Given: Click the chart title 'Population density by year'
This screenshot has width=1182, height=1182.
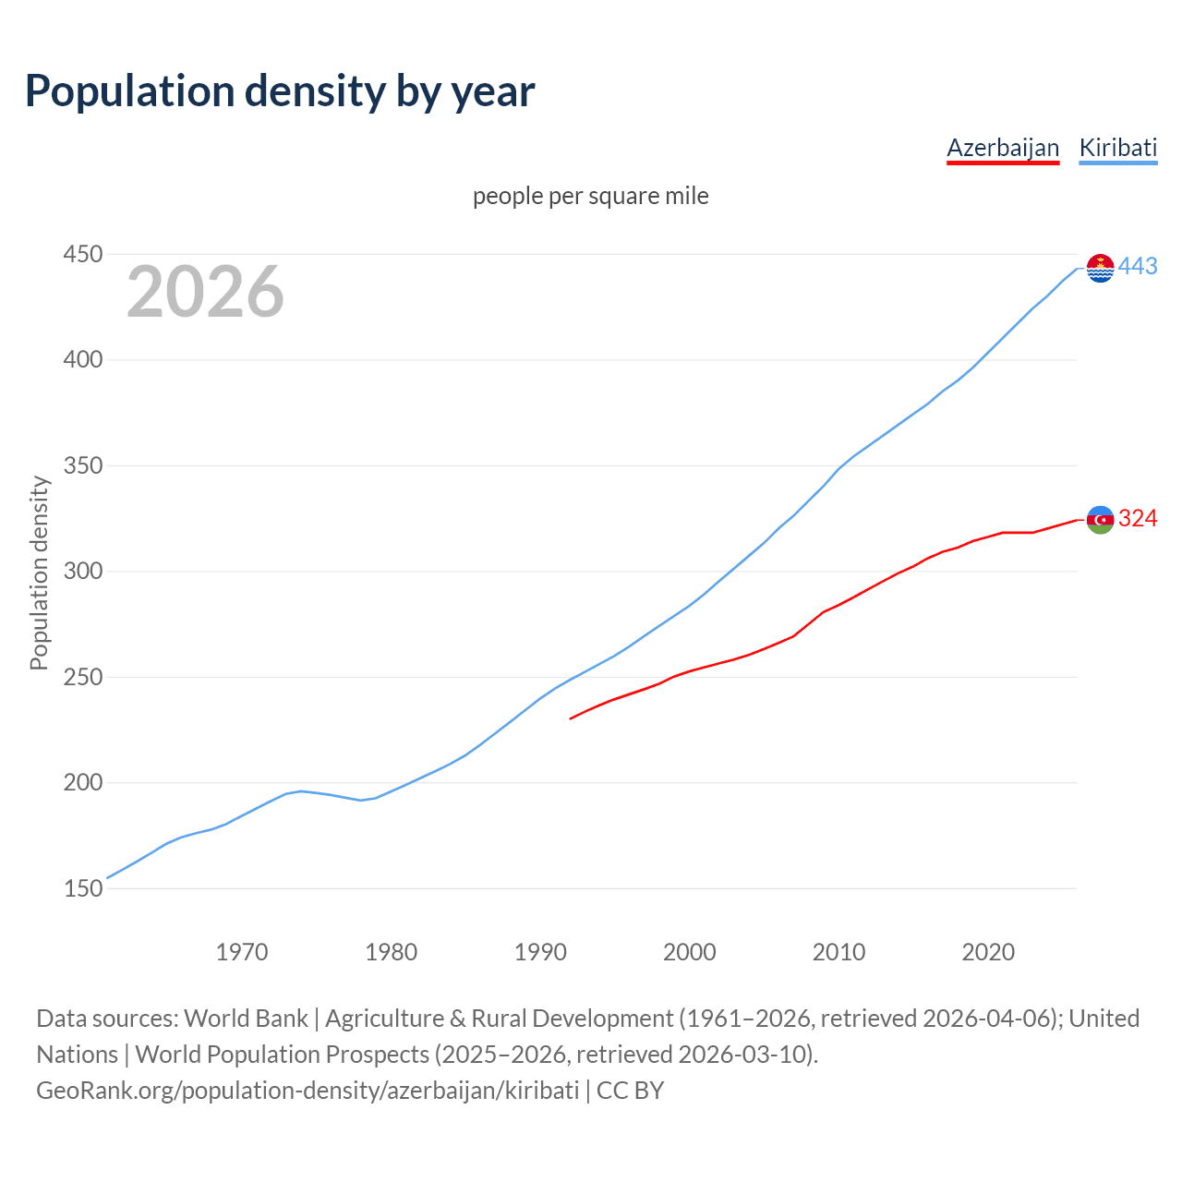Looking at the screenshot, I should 280,91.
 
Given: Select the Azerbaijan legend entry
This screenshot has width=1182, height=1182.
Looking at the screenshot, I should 1003,148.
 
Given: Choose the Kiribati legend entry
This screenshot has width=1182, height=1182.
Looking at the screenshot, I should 1117,148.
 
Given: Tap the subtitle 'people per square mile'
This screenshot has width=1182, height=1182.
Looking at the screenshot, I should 591,197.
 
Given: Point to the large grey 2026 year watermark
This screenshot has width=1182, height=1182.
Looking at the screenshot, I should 205,292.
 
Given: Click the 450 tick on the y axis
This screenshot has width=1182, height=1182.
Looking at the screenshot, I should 82,254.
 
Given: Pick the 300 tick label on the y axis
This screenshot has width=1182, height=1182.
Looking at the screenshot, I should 82,572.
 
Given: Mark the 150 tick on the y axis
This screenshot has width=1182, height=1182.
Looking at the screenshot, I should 82,888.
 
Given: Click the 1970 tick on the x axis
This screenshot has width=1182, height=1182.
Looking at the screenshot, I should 242,952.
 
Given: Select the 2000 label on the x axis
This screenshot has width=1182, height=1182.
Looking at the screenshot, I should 690,952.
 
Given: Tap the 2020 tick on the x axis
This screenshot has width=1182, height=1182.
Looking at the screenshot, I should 988,952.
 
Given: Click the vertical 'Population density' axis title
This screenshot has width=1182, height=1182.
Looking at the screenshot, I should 39,573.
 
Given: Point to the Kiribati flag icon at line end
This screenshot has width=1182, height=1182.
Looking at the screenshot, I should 1100,268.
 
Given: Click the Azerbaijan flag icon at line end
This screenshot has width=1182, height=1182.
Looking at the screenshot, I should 1100,520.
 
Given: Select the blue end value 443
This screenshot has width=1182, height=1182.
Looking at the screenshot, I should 1138,267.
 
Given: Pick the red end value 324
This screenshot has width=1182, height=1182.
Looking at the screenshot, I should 1138,519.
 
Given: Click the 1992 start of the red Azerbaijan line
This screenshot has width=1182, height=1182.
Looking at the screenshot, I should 572,718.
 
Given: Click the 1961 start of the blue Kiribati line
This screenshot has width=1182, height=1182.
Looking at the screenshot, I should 108,878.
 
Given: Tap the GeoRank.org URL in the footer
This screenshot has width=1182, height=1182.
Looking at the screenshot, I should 308,1091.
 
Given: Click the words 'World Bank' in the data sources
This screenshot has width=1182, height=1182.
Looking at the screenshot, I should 246,1019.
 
